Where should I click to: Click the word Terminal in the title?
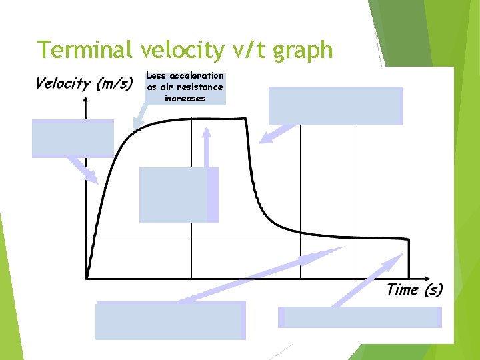(85, 50)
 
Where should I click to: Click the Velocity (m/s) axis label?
(84, 83)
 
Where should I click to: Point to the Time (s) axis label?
(414, 289)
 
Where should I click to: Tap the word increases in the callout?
(185, 98)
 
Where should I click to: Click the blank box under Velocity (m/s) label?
(73, 138)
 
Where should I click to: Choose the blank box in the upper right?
(335, 105)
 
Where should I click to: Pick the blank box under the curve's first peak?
(178, 195)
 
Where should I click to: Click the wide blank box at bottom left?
(170, 321)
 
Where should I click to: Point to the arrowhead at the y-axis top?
(86, 99)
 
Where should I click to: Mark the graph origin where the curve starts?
(87, 277)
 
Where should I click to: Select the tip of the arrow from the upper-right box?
(262, 142)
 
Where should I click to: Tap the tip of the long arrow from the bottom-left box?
(341, 248)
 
